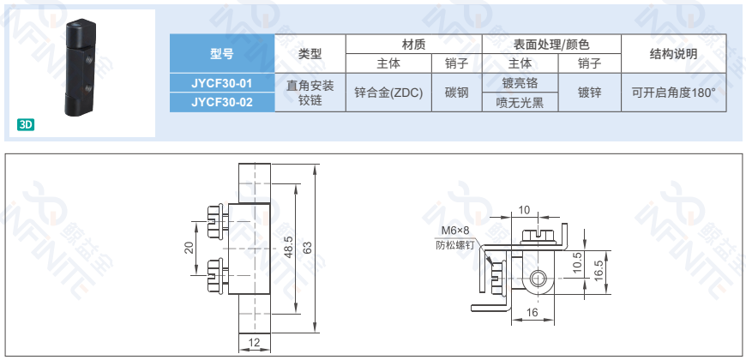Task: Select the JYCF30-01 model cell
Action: click(x=222, y=83)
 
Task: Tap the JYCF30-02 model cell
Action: click(x=222, y=103)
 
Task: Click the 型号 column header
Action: click(x=222, y=53)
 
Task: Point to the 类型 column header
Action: click(x=310, y=53)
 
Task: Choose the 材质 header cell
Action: click(x=413, y=43)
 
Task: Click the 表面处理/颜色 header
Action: click(x=551, y=43)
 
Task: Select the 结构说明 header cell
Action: click(x=673, y=53)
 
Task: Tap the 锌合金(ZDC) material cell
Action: click(x=388, y=93)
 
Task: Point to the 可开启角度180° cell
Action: click(x=673, y=93)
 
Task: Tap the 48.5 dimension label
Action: click(x=289, y=247)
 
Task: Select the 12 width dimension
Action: click(x=255, y=343)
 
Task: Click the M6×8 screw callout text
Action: click(x=455, y=231)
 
